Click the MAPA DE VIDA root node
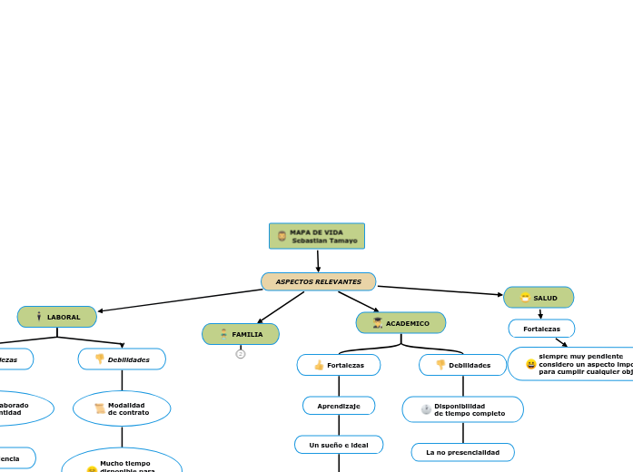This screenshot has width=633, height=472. tap(317, 236)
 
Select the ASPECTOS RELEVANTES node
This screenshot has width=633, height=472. tap(318, 281)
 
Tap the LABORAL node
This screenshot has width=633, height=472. tap(57, 317)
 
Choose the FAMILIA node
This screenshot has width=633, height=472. tap(241, 334)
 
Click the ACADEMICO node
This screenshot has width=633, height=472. tap(401, 323)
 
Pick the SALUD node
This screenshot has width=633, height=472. tap(539, 298)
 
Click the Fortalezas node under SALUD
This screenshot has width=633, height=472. tap(541, 329)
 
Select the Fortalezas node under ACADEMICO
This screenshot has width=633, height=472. tap(339, 365)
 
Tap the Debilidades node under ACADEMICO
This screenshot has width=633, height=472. tap(462, 365)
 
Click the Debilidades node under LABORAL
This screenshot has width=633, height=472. tap(122, 359)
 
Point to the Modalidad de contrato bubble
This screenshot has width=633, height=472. tap(122, 408)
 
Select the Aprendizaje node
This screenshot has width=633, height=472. tap(339, 406)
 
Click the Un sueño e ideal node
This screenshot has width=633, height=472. tap(339, 445)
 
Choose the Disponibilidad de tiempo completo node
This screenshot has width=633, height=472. tap(462, 409)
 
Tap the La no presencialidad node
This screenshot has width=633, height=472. tap(462, 452)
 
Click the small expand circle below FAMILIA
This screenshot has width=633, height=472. tap(241, 354)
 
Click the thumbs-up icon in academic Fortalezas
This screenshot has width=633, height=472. tap(319, 365)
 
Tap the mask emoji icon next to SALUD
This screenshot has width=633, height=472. tap(525, 298)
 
